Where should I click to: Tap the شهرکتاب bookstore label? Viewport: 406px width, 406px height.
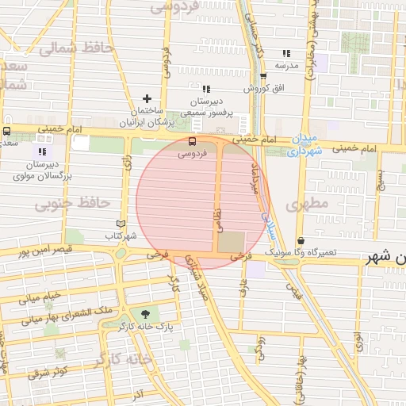(x=121, y=236)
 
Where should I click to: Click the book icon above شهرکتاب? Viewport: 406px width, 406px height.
(x=121, y=224)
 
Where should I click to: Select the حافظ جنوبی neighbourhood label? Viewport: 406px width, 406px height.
(x=71, y=203)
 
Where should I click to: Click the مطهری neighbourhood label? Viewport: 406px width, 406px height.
(x=308, y=204)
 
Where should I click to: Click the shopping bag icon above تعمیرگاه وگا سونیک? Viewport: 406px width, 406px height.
(x=301, y=240)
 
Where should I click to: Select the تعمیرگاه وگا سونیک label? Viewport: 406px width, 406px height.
(x=301, y=252)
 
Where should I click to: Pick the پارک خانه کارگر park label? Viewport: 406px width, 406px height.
(x=144, y=326)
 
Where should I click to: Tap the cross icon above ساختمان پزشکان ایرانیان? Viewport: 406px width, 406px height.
(x=147, y=98)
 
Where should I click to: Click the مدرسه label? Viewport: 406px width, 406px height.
(x=286, y=65)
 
